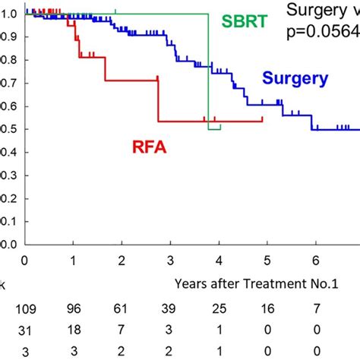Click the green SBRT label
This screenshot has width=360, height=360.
(244, 21)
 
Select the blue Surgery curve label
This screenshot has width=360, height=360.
(295, 77)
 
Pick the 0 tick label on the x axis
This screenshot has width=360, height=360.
(24, 261)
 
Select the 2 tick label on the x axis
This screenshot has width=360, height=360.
(122, 261)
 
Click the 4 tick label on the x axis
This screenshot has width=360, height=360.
(219, 261)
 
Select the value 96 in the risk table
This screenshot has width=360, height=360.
(73, 309)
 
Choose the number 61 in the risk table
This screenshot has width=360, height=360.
(122, 309)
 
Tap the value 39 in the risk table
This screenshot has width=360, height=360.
(170, 309)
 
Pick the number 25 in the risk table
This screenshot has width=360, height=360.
(219, 309)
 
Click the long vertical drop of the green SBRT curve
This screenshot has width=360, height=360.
(208, 72)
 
